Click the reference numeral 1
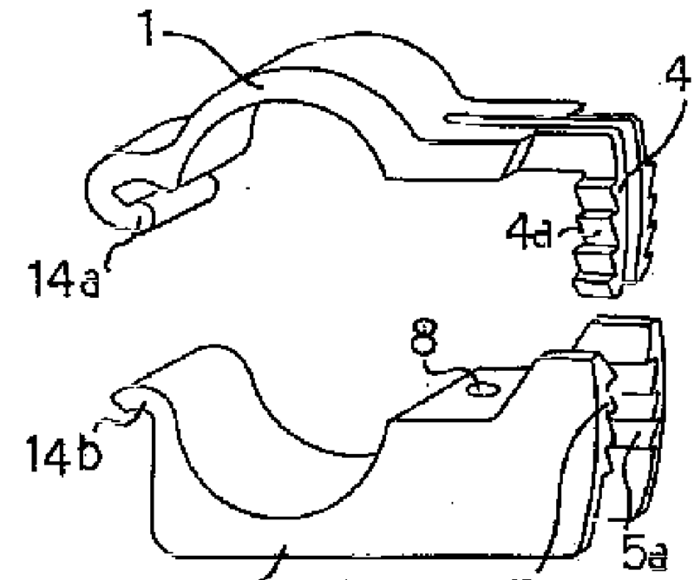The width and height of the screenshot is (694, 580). point(147,28)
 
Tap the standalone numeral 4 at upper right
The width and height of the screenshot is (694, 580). point(678,78)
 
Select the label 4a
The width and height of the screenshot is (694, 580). point(529,233)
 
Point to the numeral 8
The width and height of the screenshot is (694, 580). point(424,338)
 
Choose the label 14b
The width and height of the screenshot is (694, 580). point(63,453)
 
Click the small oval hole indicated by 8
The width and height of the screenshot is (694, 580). point(484,390)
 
